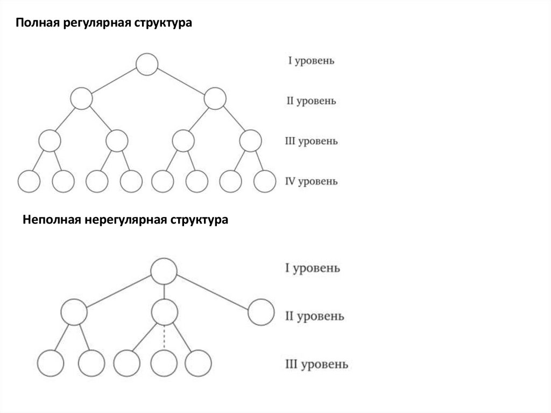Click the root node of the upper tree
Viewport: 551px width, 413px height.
(146, 64)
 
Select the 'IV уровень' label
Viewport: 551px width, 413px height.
(311, 181)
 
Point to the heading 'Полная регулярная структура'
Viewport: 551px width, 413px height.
(103, 24)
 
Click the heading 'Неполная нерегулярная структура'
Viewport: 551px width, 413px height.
(125, 220)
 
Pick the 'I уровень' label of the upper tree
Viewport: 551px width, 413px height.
(311, 61)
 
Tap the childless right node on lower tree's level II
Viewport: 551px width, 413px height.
(262, 312)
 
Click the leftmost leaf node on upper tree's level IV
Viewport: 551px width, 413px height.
(29, 181)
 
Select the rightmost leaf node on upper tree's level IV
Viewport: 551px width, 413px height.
(264, 181)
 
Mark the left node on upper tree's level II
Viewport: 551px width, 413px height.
(81, 99)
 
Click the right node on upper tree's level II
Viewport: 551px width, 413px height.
(214, 99)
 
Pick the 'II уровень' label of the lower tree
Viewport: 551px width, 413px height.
(314, 316)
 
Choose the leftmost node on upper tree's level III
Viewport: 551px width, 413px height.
(50, 141)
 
